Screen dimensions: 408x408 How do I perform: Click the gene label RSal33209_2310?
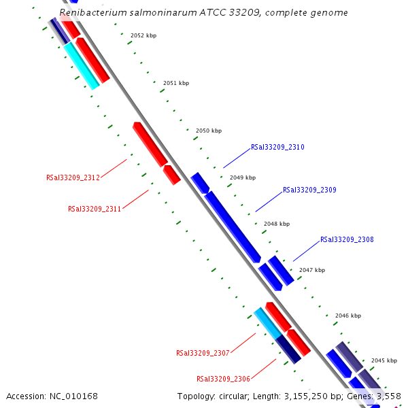point(277,147)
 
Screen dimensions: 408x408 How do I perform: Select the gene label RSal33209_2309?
point(309,190)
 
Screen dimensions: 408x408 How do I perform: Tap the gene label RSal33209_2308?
point(347,239)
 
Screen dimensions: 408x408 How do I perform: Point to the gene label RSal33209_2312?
point(73,177)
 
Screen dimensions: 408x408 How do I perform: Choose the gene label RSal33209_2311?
point(95,209)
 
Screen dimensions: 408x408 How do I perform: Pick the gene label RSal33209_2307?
point(203,353)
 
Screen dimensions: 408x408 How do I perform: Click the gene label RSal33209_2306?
point(223,379)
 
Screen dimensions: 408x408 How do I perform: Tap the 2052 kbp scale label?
point(143,35)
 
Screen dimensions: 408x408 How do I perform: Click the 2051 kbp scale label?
point(176,83)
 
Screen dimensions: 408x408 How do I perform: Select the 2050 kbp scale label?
point(209,130)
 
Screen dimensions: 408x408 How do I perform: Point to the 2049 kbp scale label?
point(243,177)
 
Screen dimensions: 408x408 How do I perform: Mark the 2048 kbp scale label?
point(277,224)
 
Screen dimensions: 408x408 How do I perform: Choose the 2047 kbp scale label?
point(312,270)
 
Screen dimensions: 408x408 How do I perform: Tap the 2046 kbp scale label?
point(348,316)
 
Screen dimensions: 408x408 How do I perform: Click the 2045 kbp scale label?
point(384,360)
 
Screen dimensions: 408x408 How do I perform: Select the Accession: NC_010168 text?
point(52,396)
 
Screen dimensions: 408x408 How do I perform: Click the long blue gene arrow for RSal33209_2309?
point(232,226)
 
